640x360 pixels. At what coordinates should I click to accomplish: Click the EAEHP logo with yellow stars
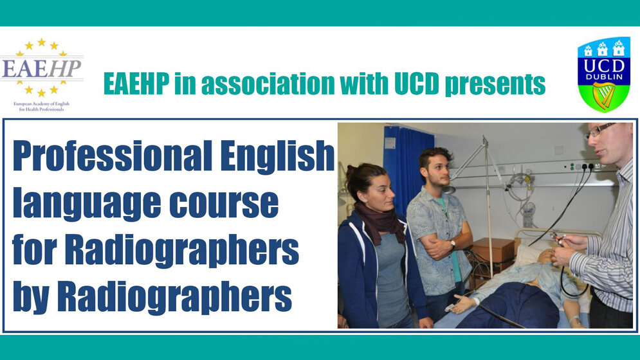pos(42,67)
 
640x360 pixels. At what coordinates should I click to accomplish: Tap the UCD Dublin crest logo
pos(603,74)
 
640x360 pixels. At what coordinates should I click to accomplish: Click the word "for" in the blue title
pos(32,250)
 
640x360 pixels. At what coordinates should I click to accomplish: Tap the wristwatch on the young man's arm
pos(453,244)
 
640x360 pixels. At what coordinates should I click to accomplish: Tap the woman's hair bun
pos(351,173)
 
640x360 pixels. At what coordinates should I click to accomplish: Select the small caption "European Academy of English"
pos(41,103)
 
